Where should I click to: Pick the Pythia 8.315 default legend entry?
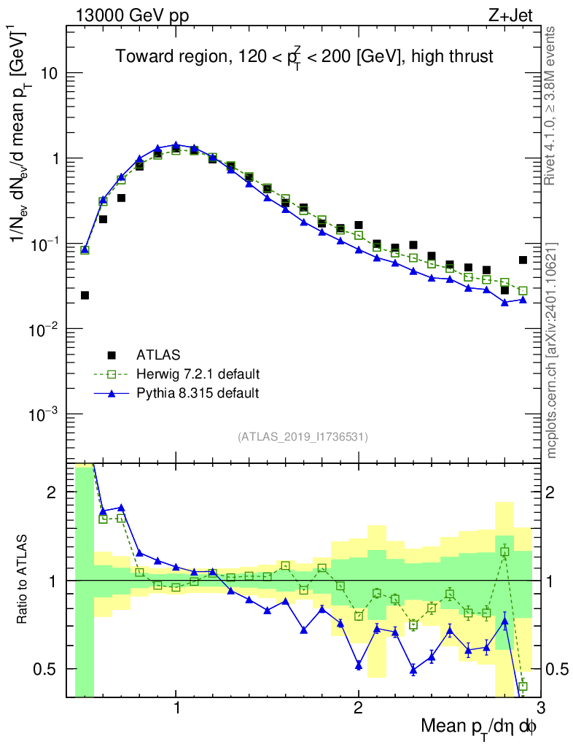coord(197,393)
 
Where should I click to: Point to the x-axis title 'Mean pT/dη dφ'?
coord(480,727)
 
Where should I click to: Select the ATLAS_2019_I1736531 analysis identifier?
coord(303,437)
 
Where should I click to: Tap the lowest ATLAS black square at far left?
coord(85,295)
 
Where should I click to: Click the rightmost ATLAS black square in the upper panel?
coord(523,260)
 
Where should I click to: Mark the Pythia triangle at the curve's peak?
coord(176,145)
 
